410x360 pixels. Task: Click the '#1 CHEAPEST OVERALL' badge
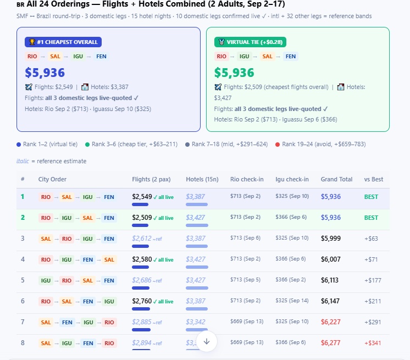point(63,42)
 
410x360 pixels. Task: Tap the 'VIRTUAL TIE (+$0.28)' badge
point(250,42)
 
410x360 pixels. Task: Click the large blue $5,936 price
point(45,73)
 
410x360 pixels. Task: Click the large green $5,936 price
point(234,73)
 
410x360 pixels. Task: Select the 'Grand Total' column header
point(336,179)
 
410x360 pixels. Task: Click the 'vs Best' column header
point(373,179)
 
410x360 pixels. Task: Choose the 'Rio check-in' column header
point(247,179)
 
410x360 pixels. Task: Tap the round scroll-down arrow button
point(207,341)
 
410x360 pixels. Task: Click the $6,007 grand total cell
point(331,259)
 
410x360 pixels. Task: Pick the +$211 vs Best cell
point(373,301)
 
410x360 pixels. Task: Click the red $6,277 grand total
point(331,343)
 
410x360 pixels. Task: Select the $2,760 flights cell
point(142,301)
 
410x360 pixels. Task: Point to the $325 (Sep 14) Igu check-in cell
point(292,301)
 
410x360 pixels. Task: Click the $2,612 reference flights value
point(142,239)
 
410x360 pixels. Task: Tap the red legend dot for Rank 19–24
point(278,145)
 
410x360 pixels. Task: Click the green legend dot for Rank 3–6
point(87,145)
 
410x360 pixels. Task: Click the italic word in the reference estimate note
point(23,161)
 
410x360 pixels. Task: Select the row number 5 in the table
point(23,280)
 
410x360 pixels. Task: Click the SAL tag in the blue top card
point(55,57)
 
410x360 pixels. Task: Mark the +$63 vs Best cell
point(372,239)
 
